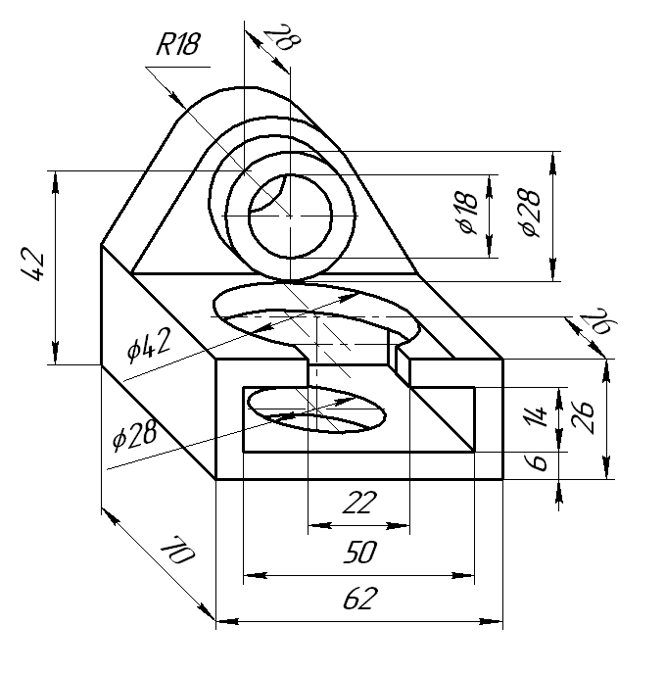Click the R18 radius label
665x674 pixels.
tap(178, 43)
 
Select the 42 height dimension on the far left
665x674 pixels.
tap(32, 265)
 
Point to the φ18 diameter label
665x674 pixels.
tap(468, 213)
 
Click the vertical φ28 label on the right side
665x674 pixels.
tap(531, 213)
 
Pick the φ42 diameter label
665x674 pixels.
tap(148, 344)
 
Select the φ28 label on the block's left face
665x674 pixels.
tap(134, 435)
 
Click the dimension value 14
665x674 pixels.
tap(535, 415)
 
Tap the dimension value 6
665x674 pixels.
tap(536, 462)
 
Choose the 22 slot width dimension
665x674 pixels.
tap(359, 502)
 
